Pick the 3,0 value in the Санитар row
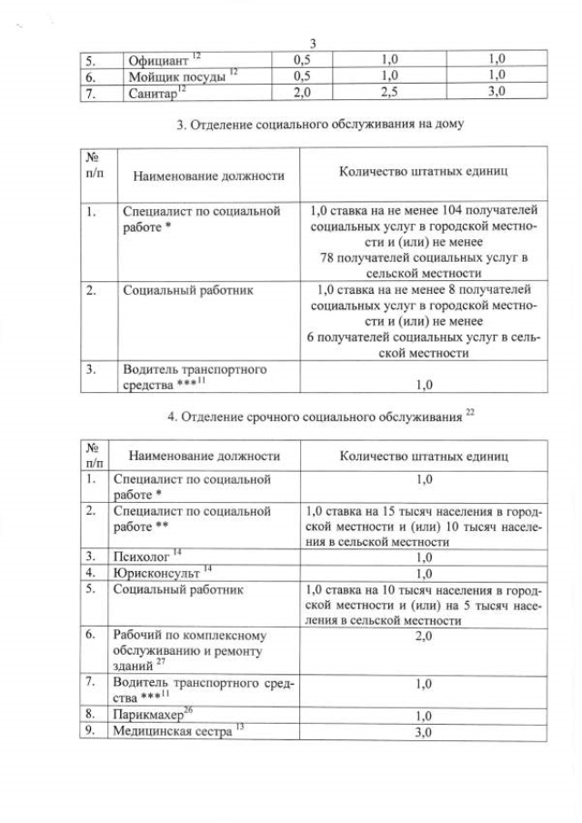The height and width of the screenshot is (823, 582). [497, 92]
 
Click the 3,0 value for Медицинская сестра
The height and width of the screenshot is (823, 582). [423, 732]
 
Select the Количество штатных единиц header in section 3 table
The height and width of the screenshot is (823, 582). [423, 170]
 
